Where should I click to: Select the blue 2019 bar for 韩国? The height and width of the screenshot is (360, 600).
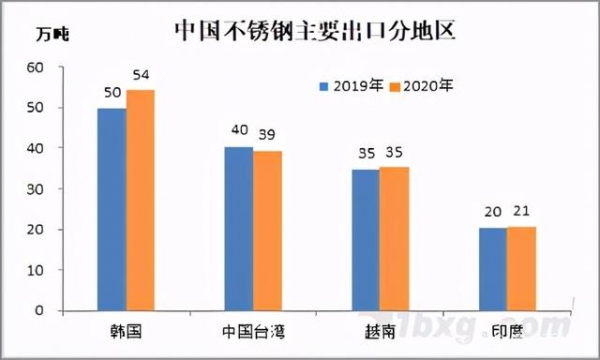pyautogui.click(x=111, y=210)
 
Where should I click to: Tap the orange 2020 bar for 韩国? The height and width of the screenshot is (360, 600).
pyautogui.click(x=140, y=200)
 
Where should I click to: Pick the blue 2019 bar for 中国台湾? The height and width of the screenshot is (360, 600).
pyautogui.click(x=238, y=229)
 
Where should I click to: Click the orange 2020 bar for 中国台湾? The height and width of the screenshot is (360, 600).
pyautogui.click(x=267, y=231)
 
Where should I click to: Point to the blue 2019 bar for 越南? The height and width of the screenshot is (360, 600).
pyautogui.click(x=365, y=240)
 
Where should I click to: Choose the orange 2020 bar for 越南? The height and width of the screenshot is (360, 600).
pyautogui.click(x=394, y=239)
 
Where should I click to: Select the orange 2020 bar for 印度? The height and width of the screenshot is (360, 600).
pyautogui.click(x=521, y=269)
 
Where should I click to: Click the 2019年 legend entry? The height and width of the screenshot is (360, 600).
pyautogui.click(x=351, y=85)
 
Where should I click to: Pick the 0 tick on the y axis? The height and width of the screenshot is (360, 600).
pyautogui.click(x=41, y=311)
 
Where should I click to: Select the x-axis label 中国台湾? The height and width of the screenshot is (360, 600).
pyautogui.click(x=252, y=330)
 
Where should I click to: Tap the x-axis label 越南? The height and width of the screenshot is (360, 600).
pyautogui.click(x=380, y=330)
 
